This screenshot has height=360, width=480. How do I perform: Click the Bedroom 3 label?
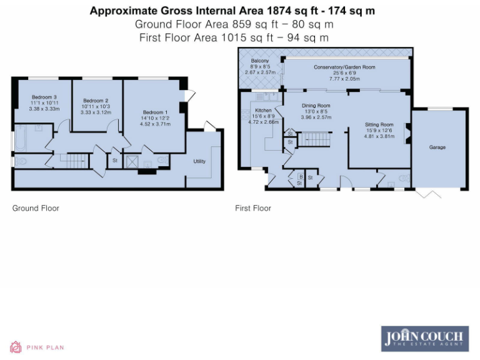pos(43,97)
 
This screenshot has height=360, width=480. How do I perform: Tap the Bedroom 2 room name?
pos(96,101)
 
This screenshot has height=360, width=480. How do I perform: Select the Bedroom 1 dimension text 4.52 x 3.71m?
pos(154,124)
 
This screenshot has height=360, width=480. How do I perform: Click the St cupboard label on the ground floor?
pos(114,161)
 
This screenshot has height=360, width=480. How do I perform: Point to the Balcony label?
pos(259,61)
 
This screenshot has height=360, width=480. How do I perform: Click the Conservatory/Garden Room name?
pos(344,67)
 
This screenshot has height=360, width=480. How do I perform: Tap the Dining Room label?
pos(316,106)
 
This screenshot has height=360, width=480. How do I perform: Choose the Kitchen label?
pos(262,111)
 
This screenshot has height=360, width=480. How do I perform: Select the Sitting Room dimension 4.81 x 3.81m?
pos(379,136)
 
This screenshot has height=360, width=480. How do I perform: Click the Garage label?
pos(437,147)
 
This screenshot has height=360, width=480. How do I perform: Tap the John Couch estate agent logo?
pos(425,337)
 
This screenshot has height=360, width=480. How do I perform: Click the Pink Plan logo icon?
pos(16,347)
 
